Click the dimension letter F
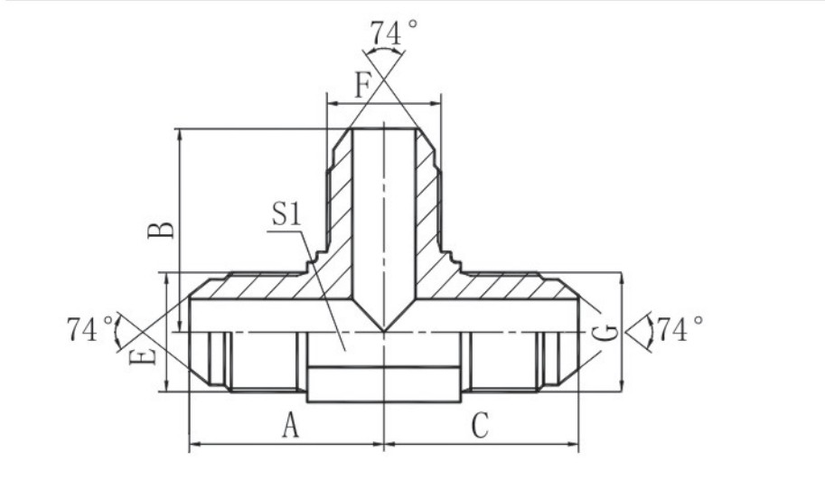coord(362,86)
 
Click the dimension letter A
coord(290,425)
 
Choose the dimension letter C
coord(480,425)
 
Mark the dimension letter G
coord(611,332)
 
